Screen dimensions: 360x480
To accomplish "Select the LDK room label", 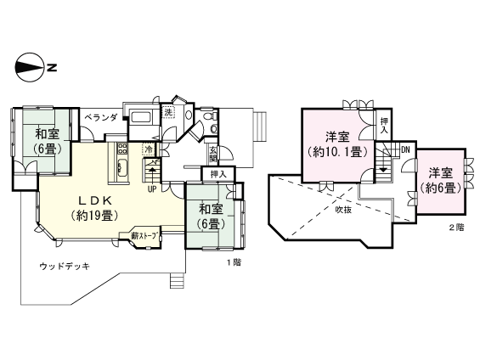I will (x=96, y=200).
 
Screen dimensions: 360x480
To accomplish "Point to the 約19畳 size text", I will (x=96, y=215).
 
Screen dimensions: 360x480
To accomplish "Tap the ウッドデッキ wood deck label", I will (x=64, y=266).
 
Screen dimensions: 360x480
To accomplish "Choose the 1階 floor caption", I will (x=233, y=262).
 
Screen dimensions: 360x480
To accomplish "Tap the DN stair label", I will (x=405, y=149).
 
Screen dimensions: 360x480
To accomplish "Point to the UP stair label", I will (x=151, y=188).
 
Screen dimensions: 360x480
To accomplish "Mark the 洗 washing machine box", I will (x=169, y=113).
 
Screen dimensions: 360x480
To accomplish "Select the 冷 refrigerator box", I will (x=149, y=150).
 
